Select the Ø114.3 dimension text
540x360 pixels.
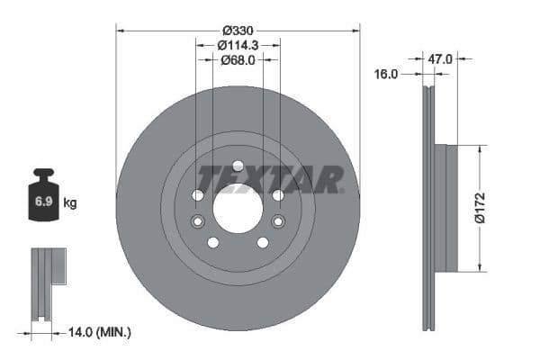pyautogui.click(x=238, y=43)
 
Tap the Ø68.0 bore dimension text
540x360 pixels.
pyautogui.click(x=238, y=60)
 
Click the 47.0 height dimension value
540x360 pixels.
pyautogui.click(x=440, y=59)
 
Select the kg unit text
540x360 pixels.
pyautogui.click(x=70, y=203)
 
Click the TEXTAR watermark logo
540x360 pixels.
pyautogui.click(x=270, y=178)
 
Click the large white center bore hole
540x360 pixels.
pyautogui.click(x=238, y=209)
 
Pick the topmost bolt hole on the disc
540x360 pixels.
pyautogui.click(x=238, y=166)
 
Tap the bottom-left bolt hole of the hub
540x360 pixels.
pyautogui.click(x=213, y=242)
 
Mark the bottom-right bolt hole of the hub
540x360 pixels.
pyautogui.click(x=263, y=242)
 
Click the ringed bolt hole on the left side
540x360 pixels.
pyautogui.click(x=199, y=221)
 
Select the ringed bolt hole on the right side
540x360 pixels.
pyautogui.click(x=277, y=221)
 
